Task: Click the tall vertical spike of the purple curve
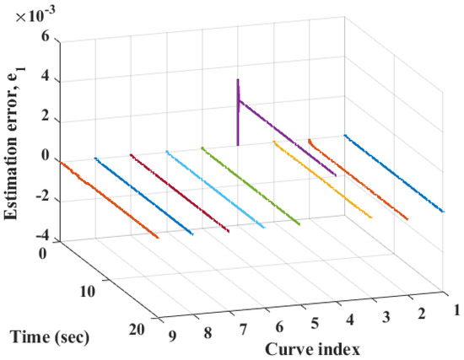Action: (x=238, y=110)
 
